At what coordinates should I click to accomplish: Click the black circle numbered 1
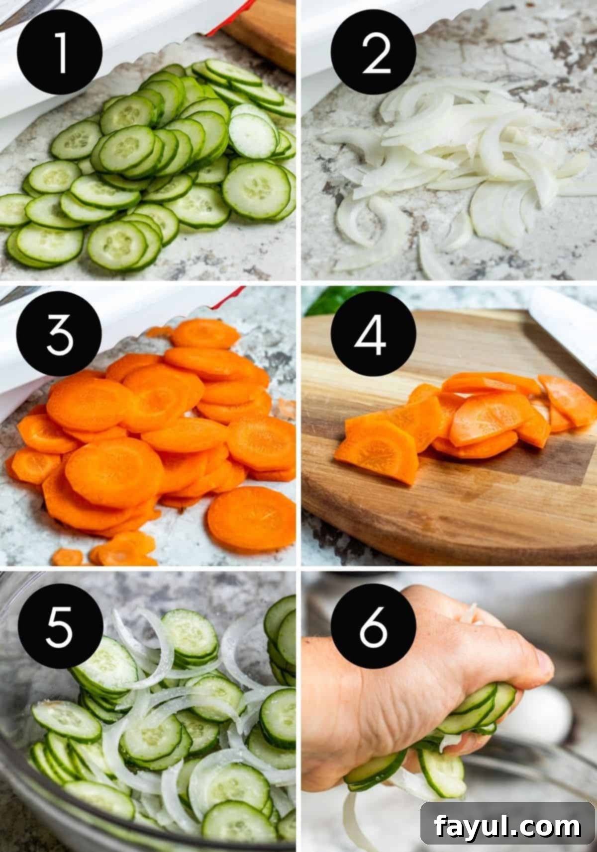[59, 52]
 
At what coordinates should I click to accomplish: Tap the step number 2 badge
[373, 52]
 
